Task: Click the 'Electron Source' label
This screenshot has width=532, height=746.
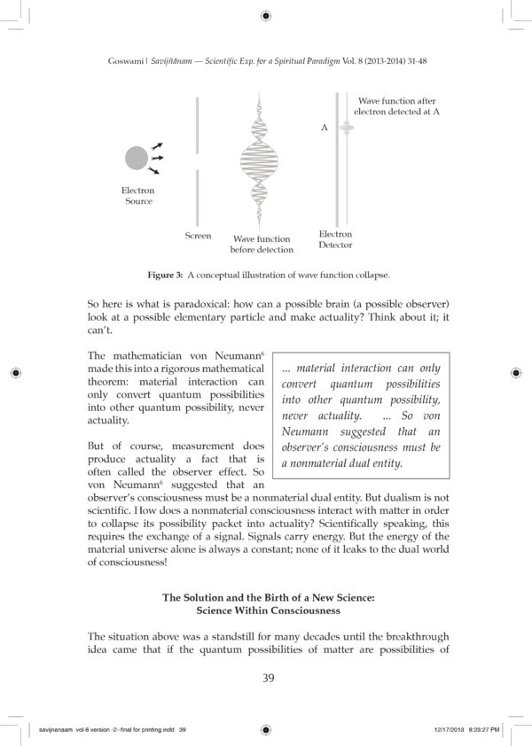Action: [138, 196]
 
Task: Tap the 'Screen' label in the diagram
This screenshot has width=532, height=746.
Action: [198, 236]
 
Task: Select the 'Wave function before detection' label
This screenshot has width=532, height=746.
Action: [261, 245]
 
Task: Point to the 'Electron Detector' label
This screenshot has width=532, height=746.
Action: [335, 239]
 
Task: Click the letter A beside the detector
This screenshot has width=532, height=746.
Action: [325, 128]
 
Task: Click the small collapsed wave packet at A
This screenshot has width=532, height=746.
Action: [347, 128]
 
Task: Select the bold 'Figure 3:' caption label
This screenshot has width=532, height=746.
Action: [165, 275]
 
